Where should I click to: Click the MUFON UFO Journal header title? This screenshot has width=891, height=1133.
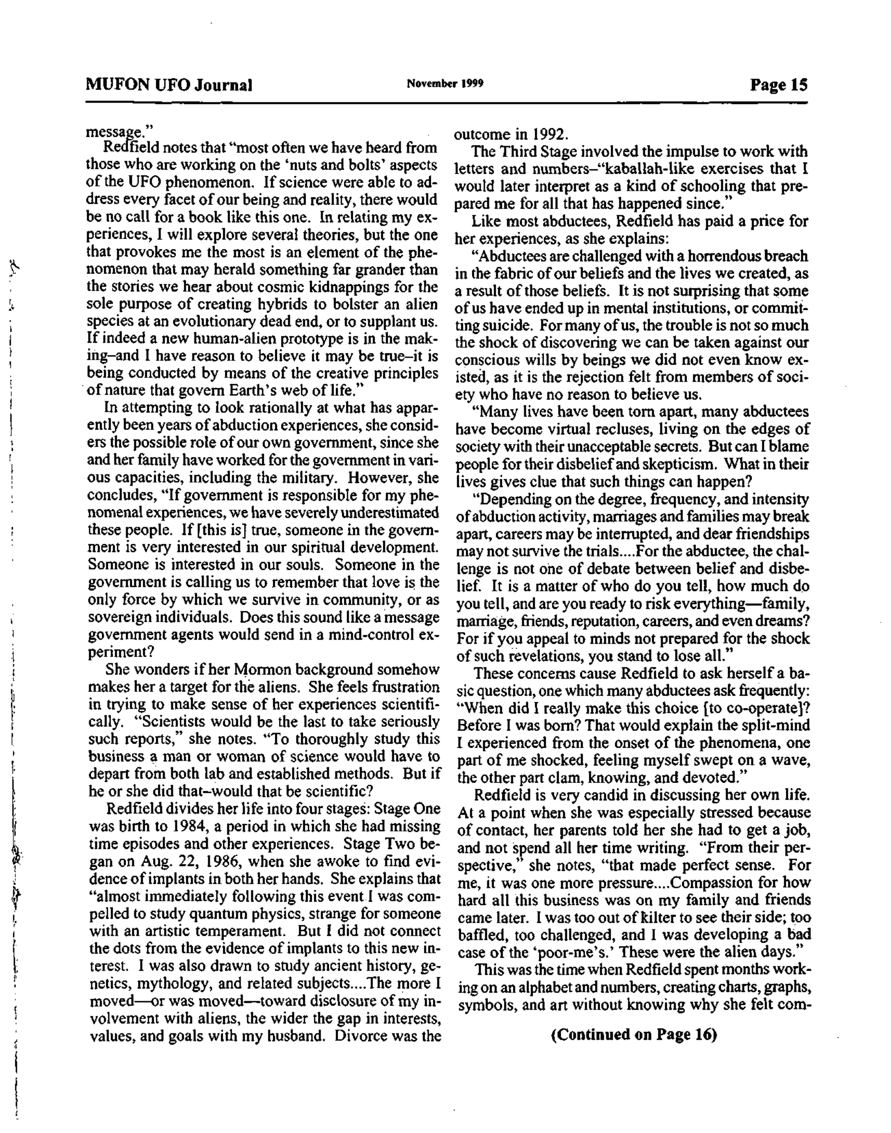coord(169,85)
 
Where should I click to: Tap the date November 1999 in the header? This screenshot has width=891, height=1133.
coord(444,84)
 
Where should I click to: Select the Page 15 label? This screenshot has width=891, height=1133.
coord(778,85)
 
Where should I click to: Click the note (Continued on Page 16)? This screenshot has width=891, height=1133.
coord(633,1035)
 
